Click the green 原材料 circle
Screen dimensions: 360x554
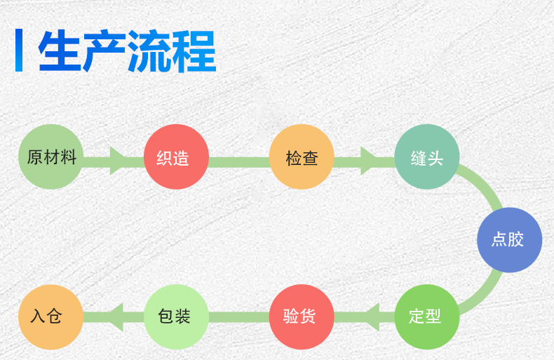point(51,156)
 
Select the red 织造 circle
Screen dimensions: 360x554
point(176,156)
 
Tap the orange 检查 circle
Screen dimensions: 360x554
point(302,156)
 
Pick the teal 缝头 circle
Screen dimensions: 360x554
point(427,156)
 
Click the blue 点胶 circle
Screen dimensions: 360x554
point(509,239)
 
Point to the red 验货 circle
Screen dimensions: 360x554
point(302,316)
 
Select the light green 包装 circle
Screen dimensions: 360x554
point(176,316)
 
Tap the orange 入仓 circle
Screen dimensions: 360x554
point(51,316)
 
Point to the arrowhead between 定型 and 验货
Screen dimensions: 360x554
point(370,317)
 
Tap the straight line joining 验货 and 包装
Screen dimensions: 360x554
point(239,317)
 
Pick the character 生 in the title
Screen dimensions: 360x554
point(60,52)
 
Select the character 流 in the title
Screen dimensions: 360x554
point(149,52)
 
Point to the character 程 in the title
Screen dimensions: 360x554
point(194,52)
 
